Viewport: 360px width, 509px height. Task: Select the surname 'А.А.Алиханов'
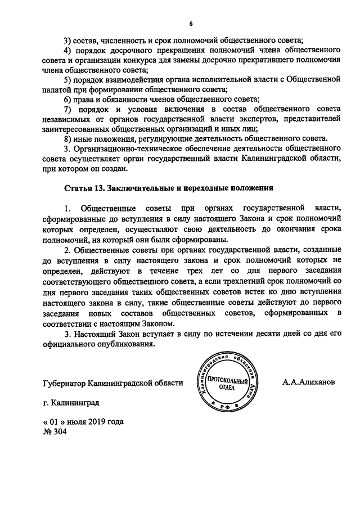pyautogui.click(x=309, y=382)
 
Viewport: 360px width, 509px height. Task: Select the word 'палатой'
pyautogui.click(x=58, y=89)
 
